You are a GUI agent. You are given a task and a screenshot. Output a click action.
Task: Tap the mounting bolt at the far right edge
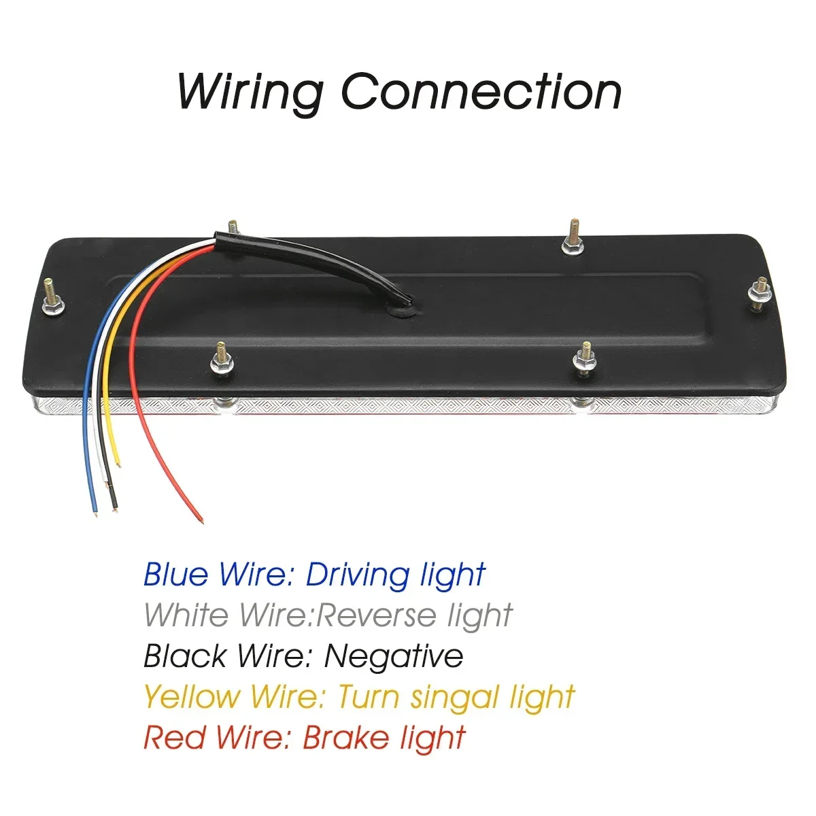tap(760, 294)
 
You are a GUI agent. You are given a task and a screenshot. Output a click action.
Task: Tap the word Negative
tap(394, 656)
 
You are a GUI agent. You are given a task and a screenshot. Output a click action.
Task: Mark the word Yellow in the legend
tap(192, 698)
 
